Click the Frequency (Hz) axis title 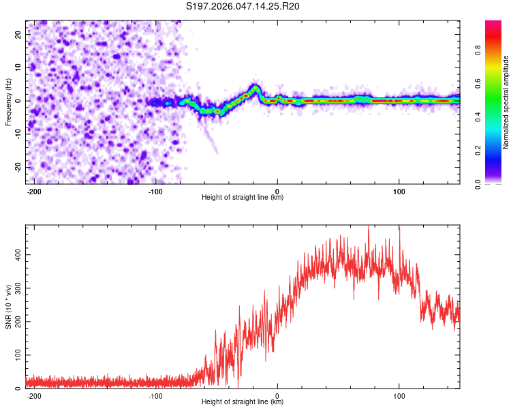(x=8, y=102)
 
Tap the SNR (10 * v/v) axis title (x=8, y=307)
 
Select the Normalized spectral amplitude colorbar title (x=506, y=102)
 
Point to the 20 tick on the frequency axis (x=18, y=33)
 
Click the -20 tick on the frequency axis (x=17, y=167)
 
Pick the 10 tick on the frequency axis (x=18, y=67)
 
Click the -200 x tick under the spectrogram (x=34, y=190)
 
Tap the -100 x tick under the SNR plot (x=155, y=395)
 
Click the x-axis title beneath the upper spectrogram (x=243, y=198)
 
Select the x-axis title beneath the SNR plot (x=243, y=402)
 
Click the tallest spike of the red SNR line (x=369, y=227)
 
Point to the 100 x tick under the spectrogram (x=399, y=190)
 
